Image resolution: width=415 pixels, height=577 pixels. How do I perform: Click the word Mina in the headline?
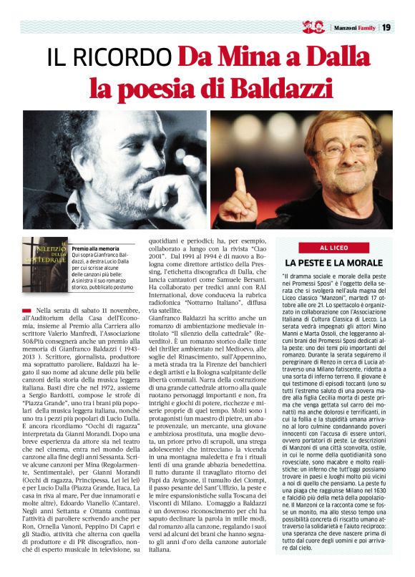pyautogui.click(x=250, y=57)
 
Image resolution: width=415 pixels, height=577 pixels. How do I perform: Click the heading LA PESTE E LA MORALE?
pyautogui.click(x=333, y=263)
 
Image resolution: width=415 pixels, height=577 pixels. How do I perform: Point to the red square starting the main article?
pyautogui.click(x=26, y=309)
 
